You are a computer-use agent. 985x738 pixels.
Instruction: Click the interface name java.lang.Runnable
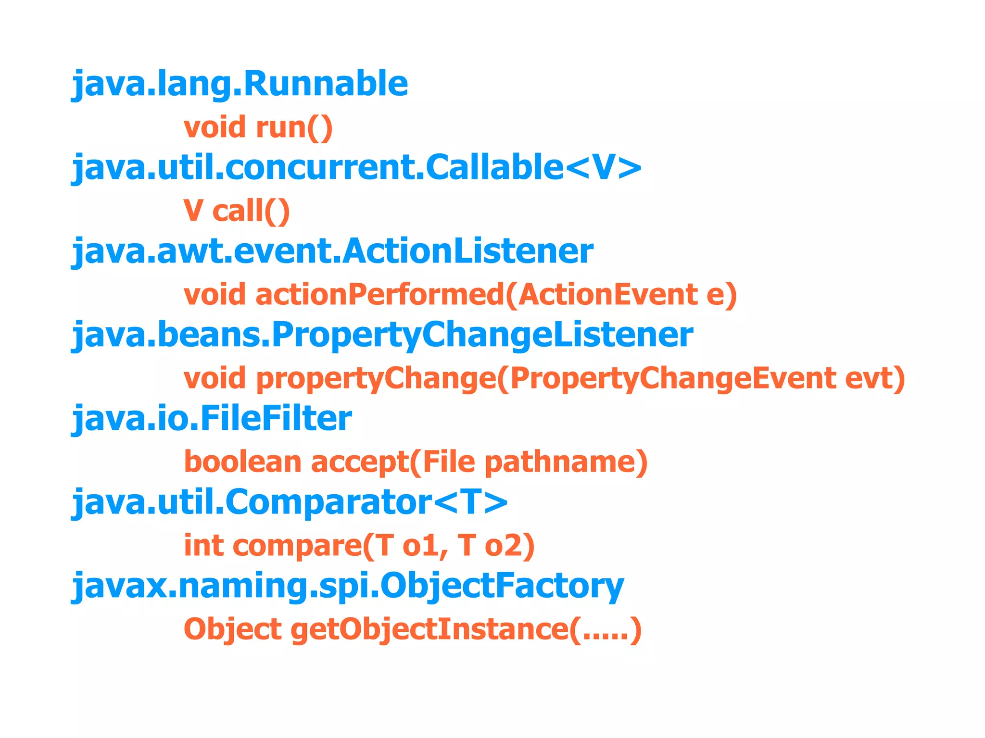(240, 84)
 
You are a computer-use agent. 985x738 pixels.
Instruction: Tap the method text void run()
(258, 127)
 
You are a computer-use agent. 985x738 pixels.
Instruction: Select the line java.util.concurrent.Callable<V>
(356, 168)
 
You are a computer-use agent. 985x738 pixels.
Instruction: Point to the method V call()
(237, 211)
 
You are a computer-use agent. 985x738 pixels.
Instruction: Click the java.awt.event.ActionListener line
(332, 251)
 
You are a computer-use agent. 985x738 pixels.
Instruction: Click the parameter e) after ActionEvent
(721, 294)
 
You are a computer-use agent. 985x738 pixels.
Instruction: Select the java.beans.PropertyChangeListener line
(382, 335)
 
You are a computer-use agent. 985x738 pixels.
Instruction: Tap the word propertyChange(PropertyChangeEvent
(546, 378)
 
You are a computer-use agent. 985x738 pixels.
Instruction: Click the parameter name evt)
(875, 378)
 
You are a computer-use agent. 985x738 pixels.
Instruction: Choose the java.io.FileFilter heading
(212, 418)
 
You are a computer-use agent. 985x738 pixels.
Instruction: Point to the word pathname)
(566, 462)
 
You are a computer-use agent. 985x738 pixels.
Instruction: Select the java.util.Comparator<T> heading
(290, 502)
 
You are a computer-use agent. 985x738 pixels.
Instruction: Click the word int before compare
(203, 546)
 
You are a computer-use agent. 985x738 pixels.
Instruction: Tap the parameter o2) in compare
(509, 546)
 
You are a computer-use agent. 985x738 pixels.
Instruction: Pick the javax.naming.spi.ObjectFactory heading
(347, 586)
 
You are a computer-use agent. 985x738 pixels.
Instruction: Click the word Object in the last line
(232, 629)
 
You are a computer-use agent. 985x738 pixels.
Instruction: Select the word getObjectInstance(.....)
(466, 629)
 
